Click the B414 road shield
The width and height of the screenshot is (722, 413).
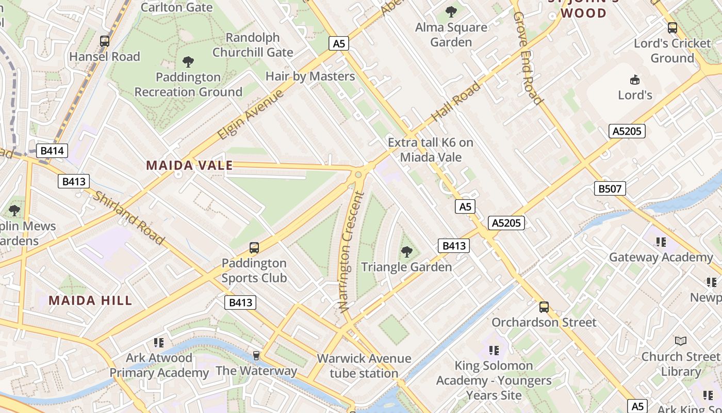(x=52, y=151)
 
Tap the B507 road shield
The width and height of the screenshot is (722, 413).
(x=610, y=188)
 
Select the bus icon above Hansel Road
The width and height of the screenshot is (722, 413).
(x=105, y=41)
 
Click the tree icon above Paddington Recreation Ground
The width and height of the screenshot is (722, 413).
(x=188, y=62)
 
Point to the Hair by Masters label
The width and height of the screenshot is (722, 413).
(x=310, y=76)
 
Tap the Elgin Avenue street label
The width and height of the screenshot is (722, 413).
(x=251, y=115)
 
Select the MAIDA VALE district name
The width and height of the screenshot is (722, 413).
(x=189, y=166)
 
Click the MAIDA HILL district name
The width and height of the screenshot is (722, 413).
(x=90, y=300)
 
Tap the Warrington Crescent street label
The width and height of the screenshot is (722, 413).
(x=352, y=252)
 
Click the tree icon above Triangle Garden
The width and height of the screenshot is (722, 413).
(x=406, y=252)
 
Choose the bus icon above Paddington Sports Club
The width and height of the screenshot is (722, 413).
(x=254, y=248)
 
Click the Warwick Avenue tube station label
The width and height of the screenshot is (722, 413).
(x=364, y=366)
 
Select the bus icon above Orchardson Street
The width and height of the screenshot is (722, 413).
(x=544, y=307)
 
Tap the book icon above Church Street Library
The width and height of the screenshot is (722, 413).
(x=681, y=341)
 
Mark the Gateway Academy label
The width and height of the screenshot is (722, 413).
(x=661, y=257)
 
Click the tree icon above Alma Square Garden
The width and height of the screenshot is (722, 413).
(x=451, y=11)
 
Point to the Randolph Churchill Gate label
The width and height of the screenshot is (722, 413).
(x=253, y=45)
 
